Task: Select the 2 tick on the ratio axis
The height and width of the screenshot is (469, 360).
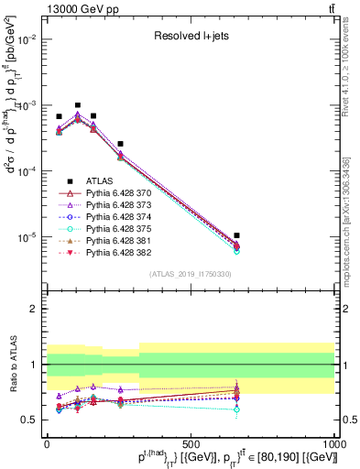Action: pos(35,309)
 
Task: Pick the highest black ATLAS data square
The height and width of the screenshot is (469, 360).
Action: pos(78,105)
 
